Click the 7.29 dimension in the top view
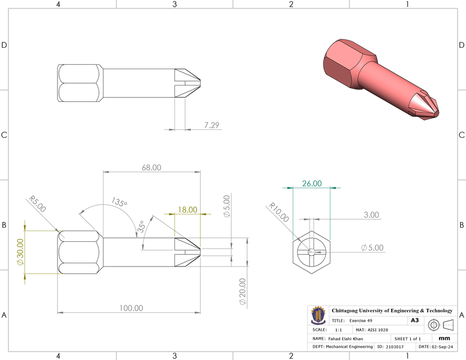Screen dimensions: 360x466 coord(212,125)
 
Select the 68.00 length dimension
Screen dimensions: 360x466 coord(151,168)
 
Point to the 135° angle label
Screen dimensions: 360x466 coord(119,202)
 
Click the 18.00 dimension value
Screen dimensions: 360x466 coord(187,210)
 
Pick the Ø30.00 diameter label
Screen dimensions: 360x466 coord(20,252)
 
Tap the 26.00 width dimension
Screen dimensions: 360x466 coord(312,183)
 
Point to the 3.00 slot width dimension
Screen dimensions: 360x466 coord(371,215)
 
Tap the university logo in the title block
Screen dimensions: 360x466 coord(318,315)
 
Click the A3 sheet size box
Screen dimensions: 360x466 coord(414,320)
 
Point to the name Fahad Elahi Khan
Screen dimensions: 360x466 coord(345,339)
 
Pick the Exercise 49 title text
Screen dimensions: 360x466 coord(364,320)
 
